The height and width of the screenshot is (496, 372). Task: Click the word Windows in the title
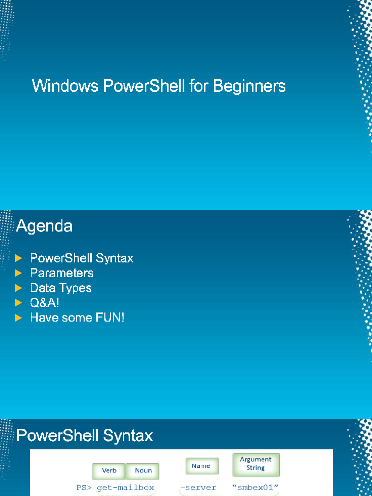click(x=65, y=86)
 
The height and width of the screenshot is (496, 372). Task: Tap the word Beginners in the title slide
click(x=249, y=86)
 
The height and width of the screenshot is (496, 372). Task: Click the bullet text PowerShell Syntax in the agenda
click(x=81, y=258)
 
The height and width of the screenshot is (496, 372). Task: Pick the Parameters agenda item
click(x=62, y=273)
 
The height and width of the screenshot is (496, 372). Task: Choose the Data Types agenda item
click(x=61, y=288)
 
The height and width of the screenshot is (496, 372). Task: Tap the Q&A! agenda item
click(x=45, y=303)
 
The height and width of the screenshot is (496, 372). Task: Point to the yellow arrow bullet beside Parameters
click(x=19, y=273)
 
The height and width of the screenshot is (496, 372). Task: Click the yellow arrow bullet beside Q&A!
click(x=19, y=303)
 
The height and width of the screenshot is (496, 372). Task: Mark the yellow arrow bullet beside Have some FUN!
click(x=19, y=318)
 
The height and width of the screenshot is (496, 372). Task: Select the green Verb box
click(x=109, y=471)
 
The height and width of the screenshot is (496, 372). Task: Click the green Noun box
click(x=143, y=471)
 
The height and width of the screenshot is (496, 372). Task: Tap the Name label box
click(x=202, y=466)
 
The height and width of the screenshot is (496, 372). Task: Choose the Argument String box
click(x=256, y=465)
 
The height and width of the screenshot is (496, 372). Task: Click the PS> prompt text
click(x=84, y=488)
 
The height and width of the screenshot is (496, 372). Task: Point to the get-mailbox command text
click(x=125, y=488)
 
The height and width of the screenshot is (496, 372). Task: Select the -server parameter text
click(x=198, y=488)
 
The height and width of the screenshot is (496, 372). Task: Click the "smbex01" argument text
click(x=255, y=487)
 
